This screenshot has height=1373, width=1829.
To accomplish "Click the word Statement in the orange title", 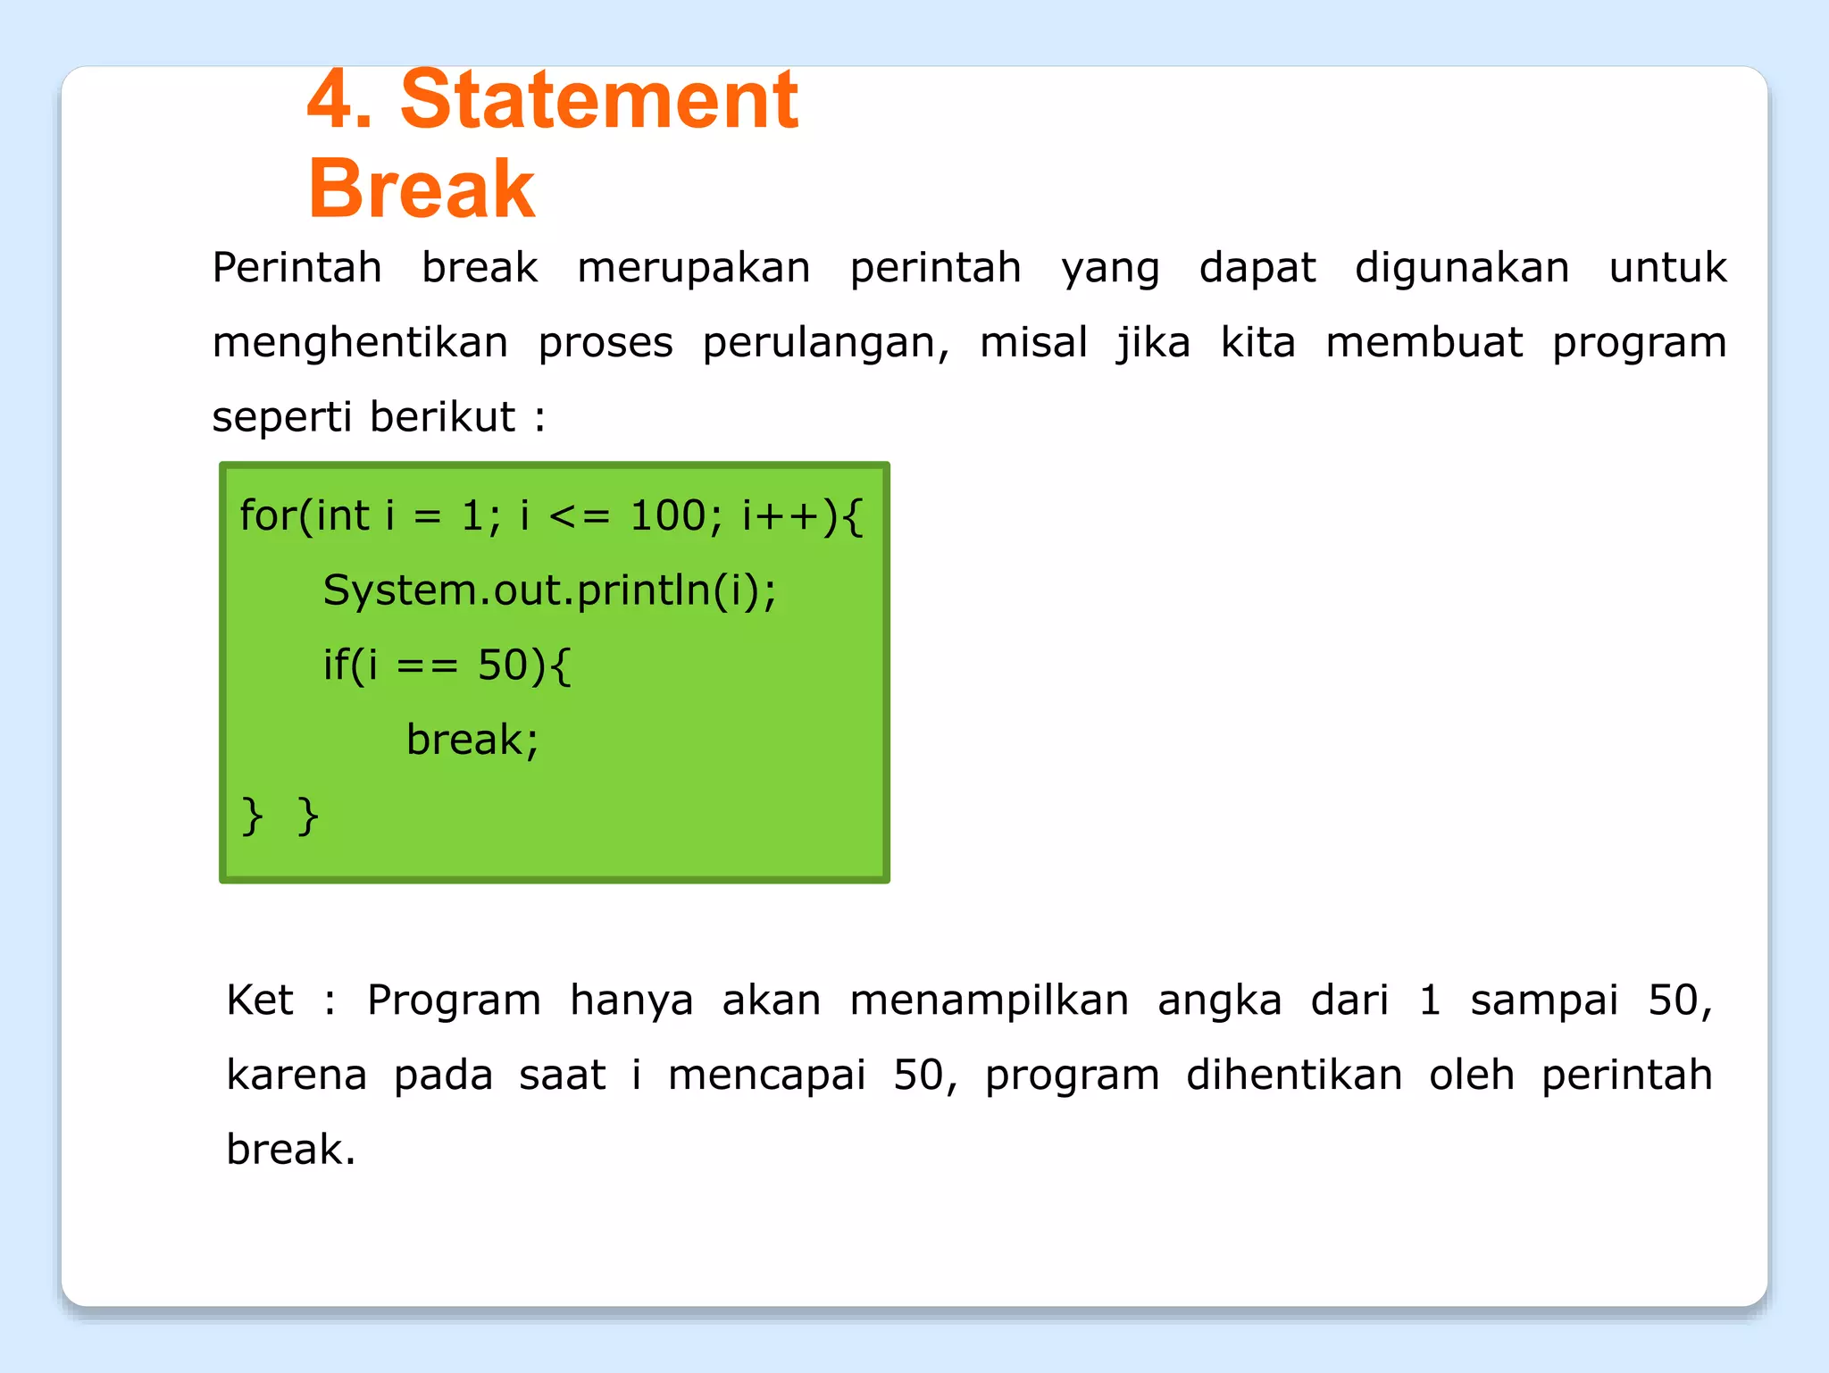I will pyautogui.click(x=598, y=100).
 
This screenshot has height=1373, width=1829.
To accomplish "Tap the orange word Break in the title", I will pyautogui.click(x=422, y=188).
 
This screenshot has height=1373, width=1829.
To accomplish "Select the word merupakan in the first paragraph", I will pyautogui.click(x=693, y=268).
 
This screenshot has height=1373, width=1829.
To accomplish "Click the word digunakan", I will pyautogui.click(x=1461, y=268).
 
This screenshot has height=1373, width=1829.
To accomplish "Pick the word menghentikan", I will pyautogui.click(x=360, y=343).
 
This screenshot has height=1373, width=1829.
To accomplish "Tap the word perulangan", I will pyautogui.click(x=825, y=343).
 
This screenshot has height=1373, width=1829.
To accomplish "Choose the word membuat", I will pyautogui.click(x=1424, y=343).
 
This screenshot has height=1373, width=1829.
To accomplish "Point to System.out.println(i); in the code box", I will pyautogui.click(x=549, y=590).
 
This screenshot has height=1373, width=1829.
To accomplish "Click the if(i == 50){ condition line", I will pyautogui.click(x=447, y=666).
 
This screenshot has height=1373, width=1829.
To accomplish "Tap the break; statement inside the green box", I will pyautogui.click(x=472, y=740).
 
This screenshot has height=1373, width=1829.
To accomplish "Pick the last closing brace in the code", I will pyautogui.click(x=308, y=816).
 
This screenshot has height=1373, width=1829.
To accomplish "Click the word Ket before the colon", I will pyautogui.click(x=259, y=1000).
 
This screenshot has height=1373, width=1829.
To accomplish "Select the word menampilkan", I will pyautogui.click(x=989, y=1000).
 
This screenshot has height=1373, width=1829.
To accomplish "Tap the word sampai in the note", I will pyautogui.click(x=1544, y=1000).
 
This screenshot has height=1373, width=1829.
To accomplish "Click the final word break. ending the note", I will pyautogui.click(x=290, y=1150).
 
